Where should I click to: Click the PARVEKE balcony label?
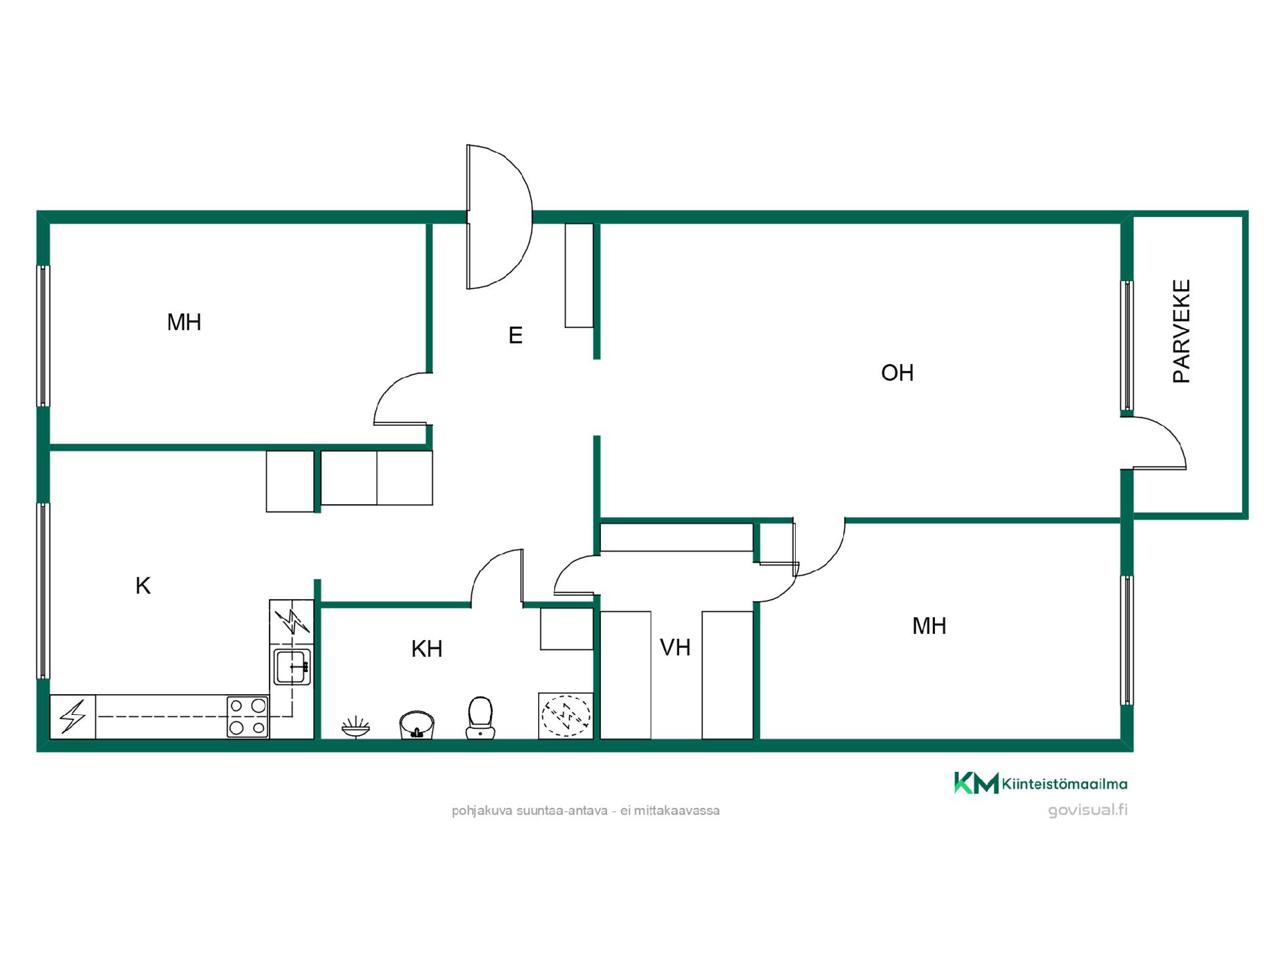1182,331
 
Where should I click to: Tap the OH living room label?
897,373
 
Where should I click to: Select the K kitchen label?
143,586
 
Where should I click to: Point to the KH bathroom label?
427,649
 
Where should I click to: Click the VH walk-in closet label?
675,647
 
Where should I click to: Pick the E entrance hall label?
515,335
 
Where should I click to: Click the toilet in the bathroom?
480,718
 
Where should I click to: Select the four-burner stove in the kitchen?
248,717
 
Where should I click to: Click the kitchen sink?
292,667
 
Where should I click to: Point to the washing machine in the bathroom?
566,716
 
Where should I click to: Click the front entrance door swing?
499,217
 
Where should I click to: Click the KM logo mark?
976,783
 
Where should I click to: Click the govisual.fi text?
1088,810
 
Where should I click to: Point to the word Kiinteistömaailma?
1065,784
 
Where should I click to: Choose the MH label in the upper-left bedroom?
184,323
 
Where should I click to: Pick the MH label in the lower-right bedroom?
930,626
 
